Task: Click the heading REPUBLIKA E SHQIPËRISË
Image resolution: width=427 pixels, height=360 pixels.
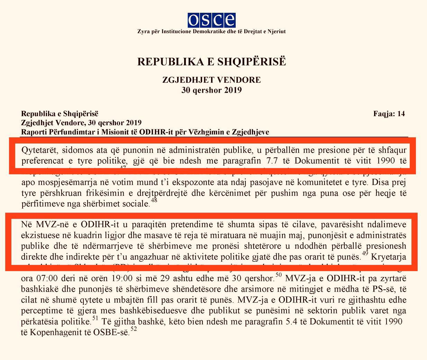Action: pyautogui.click(x=212, y=62)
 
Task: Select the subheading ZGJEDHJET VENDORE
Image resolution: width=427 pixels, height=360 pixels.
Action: pyautogui.click(x=211, y=80)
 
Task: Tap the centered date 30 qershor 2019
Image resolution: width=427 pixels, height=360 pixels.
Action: pyautogui.click(x=211, y=90)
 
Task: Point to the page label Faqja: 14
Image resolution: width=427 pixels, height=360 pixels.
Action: pyautogui.click(x=389, y=114)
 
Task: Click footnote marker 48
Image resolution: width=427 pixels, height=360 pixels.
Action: pyautogui.click(x=154, y=200)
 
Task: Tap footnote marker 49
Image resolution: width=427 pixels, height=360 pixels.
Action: pyautogui.click(x=365, y=253)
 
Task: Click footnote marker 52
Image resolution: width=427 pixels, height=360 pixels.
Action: pyautogui.click(x=134, y=330)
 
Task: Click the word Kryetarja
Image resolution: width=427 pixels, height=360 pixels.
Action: pyautogui.click(x=389, y=257)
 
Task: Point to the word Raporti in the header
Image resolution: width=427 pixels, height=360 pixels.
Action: pyautogui.click(x=34, y=132)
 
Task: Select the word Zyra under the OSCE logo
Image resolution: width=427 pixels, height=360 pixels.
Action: pyautogui.click(x=143, y=31)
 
